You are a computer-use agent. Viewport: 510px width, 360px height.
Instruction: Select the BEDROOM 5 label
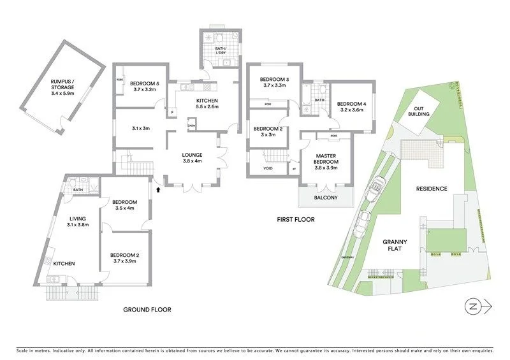[x=144, y=87]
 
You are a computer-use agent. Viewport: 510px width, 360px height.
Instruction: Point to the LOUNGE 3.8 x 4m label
[x=192, y=158]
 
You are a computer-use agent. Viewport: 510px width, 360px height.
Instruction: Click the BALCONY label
[x=325, y=198]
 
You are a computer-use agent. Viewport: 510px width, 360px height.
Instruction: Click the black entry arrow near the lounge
[x=158, y=189]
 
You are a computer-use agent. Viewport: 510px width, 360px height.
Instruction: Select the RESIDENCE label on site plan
[x=432, y=189]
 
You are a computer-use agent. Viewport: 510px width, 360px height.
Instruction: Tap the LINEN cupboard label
[x=192, y=127]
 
